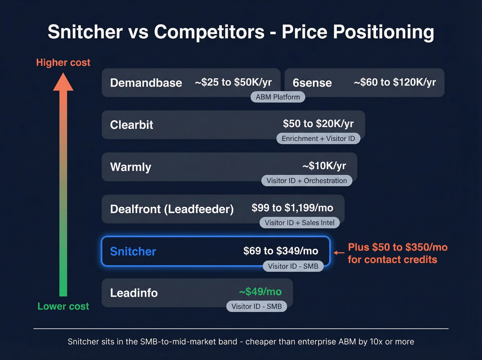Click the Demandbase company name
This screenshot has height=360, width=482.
[146, 83]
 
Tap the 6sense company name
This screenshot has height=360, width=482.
[312, 83]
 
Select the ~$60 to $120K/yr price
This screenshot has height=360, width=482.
[395, 82]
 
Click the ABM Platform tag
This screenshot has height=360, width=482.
[277, 97]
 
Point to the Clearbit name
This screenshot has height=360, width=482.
[132, 125]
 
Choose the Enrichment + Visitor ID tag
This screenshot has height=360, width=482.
[318, 138]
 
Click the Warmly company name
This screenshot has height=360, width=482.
[130, 167]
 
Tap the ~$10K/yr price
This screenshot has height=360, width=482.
[324, 166]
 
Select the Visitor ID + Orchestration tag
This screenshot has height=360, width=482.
[306, 181]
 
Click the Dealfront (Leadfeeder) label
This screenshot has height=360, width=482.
[172, 209]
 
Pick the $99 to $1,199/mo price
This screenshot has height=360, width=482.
[292, 208]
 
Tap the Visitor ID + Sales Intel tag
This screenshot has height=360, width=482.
[300, 223]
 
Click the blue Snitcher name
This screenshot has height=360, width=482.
[133, 251]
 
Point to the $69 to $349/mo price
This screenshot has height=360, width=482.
[281, 251]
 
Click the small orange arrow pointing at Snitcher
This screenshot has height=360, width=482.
[339, 253]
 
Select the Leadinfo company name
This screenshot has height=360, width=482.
[134, 293]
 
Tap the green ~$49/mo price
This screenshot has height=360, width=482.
[260, 292]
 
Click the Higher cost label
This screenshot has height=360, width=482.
[63, 62]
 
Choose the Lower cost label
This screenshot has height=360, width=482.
[63, 306]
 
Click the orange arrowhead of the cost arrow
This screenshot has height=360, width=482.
[63, 83]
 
